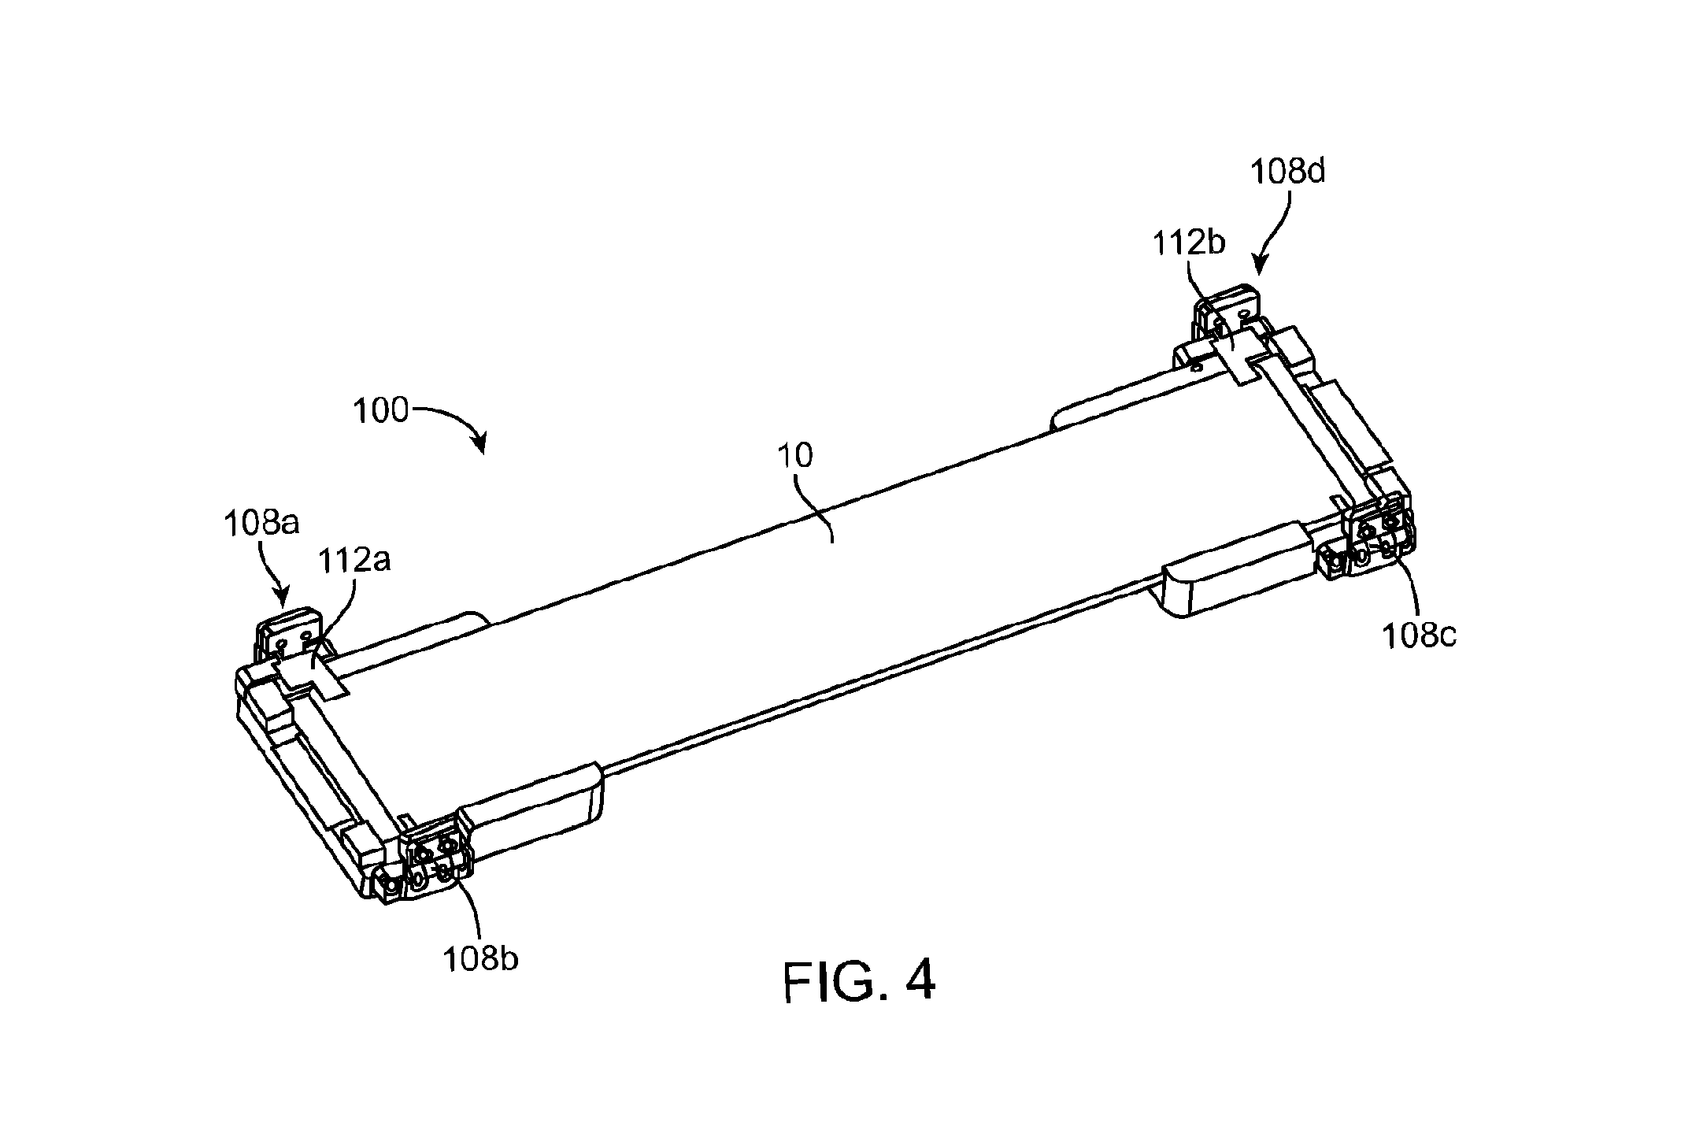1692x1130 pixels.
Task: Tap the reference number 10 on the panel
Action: [x=795, y=456]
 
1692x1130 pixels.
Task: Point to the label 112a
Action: [x=354, y=560]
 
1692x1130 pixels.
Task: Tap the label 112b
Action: [x=1189, y=243]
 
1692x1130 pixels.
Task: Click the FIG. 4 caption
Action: [x=859, y=980]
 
